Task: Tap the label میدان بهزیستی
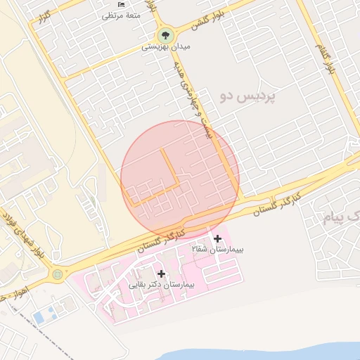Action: [166, 47]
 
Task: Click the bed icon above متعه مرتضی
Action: [122, 4]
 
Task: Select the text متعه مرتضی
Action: [122, 15]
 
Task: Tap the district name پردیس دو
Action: [247, 95]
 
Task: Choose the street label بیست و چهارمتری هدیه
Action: [193, 99]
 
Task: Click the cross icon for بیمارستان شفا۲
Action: [217, 238]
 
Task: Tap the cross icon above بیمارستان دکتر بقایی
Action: [162, 274]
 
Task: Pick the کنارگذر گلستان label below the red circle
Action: [161, 239]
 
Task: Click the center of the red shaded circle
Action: [180, 179]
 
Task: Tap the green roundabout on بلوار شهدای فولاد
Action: [57, 274]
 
